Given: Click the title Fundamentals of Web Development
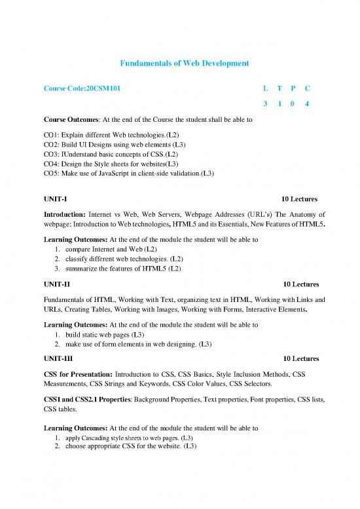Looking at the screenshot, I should tap(179, 62).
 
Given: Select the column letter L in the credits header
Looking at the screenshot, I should tap(264, 87).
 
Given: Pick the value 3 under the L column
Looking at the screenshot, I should tap(264, 104).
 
